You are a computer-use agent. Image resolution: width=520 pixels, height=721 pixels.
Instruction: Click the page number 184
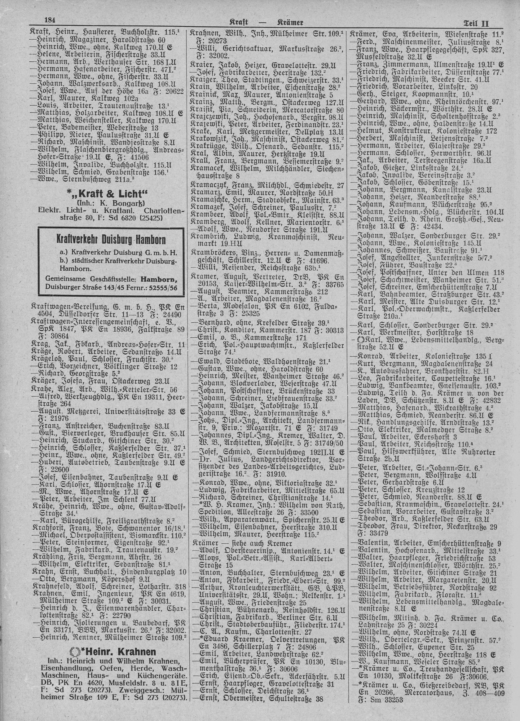tap(50, 21)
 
